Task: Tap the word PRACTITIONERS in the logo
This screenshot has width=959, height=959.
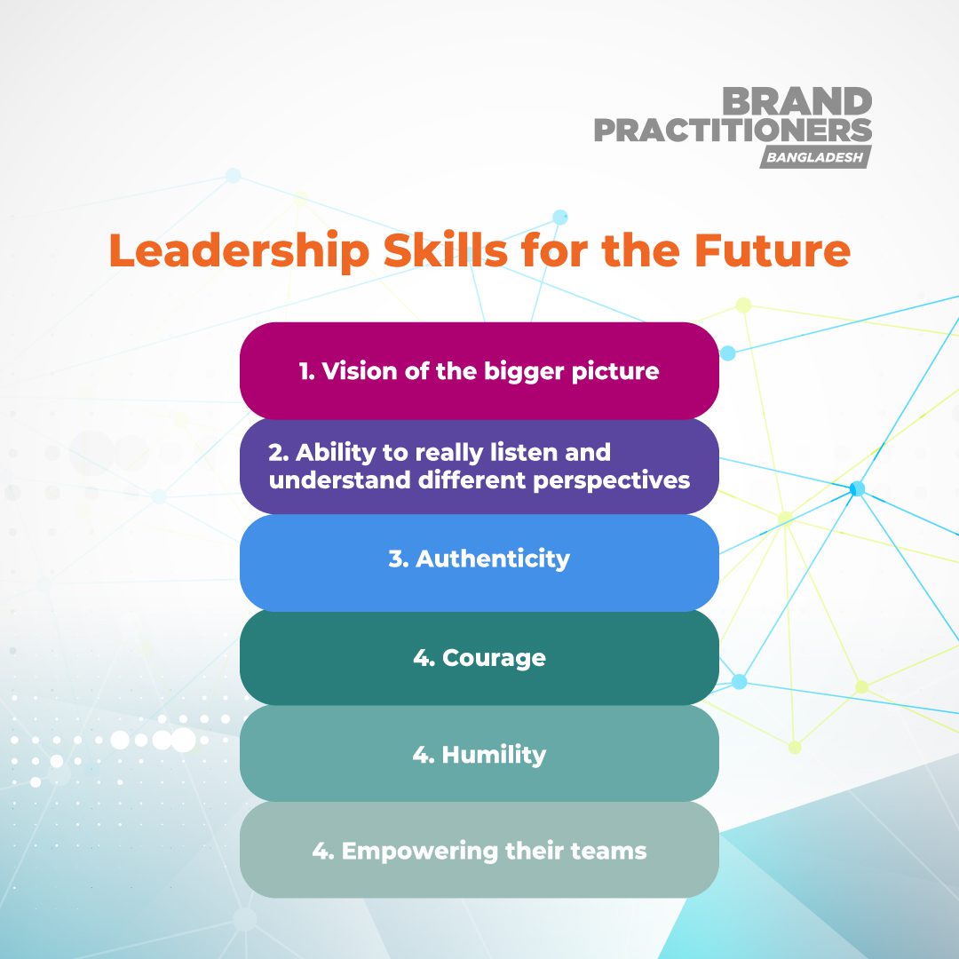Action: click(x=733, y=131)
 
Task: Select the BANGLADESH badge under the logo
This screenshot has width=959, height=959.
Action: click(x=815, y=157)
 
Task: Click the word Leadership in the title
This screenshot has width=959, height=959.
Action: click(x=238, y=251)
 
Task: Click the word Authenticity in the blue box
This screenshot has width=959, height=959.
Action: click(x=493, y=559)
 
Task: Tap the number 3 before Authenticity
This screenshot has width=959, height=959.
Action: click(x=396, y=559)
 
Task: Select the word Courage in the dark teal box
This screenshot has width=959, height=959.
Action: click(x=494, y=658)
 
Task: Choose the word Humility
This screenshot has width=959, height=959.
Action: click(x=494, y=755)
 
